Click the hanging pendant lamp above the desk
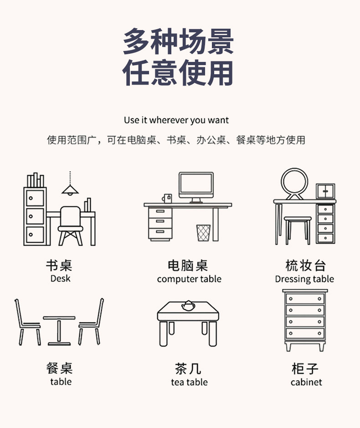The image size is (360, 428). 70,189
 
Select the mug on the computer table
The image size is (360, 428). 167,198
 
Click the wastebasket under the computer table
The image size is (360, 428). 203,233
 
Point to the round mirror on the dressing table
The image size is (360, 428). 294,184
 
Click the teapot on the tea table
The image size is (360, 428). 187,306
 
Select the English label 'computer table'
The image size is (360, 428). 189,279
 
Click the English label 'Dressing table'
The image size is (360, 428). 304,279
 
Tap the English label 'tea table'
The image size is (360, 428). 189,382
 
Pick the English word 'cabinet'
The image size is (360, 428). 306,382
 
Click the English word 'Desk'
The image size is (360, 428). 61,278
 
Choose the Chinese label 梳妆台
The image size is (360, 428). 305,265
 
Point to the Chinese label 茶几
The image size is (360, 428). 188,368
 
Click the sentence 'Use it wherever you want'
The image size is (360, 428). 176,120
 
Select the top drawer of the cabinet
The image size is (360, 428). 304,299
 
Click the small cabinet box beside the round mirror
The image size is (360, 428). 325,191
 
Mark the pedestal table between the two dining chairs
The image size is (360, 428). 59,329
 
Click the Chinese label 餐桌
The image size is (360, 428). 60,368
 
